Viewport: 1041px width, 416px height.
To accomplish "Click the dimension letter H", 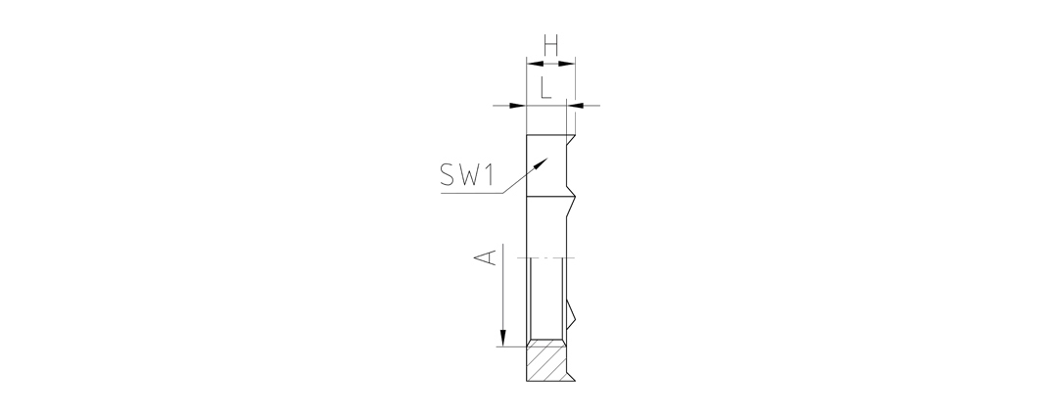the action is (550, 45).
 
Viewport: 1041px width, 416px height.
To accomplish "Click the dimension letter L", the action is (545, 87).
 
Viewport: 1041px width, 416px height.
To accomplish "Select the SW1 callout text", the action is (467, 174).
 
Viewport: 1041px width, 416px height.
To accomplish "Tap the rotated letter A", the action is (488, 257).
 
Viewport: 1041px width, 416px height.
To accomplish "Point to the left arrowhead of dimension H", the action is (535, 64).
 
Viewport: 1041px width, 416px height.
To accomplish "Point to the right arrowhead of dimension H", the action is (566, 64).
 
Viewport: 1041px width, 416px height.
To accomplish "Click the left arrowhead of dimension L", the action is (518, 105).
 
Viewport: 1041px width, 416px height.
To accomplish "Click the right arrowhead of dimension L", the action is (575, 105).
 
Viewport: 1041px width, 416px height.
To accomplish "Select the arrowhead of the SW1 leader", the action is (541, 163).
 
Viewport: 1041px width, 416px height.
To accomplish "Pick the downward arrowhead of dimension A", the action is (503, 339).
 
